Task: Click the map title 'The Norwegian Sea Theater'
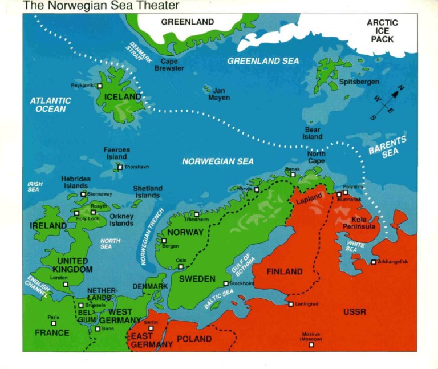click(101, 6)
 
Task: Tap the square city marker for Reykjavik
click(100, 86)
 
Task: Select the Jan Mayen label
click(219, 94)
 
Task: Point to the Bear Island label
click(312, 133)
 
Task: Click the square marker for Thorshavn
click(120, 167)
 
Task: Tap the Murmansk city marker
click(339, 194)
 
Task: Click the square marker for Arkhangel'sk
click(374, 262)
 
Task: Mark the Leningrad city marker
click(291, 304)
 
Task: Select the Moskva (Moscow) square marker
click(311, 344)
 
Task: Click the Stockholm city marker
click(226, 283)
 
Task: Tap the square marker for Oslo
click(181, 266)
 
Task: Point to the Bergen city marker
click(164, 241)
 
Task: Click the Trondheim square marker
click(197, 214)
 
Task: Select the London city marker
click(66, 283)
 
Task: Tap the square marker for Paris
click(54, 323)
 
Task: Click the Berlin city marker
click(151, 329)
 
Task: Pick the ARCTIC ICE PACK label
click(382, 31)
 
